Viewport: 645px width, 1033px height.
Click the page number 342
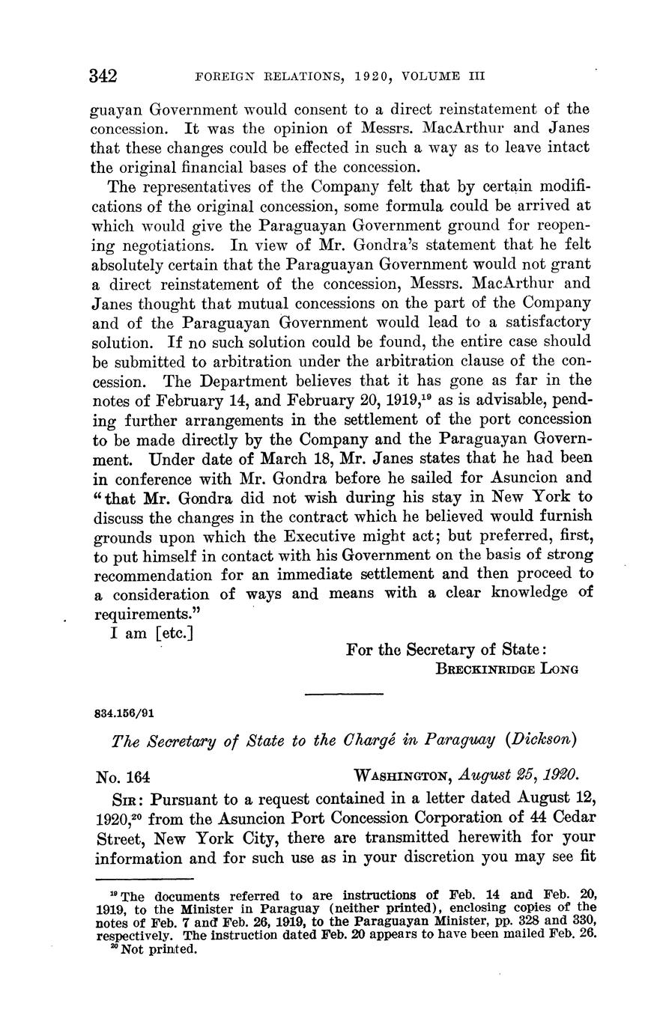click(105, 76)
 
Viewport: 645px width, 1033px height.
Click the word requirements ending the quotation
click(136, 614)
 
